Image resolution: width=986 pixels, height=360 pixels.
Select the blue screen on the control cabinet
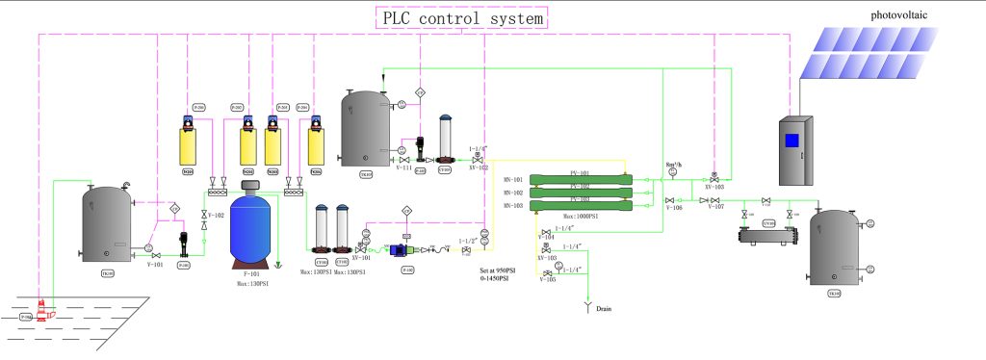pos(791,141)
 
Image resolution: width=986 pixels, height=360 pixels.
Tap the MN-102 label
pos(512,193)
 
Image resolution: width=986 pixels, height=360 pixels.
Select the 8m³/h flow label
pos(674,165)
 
